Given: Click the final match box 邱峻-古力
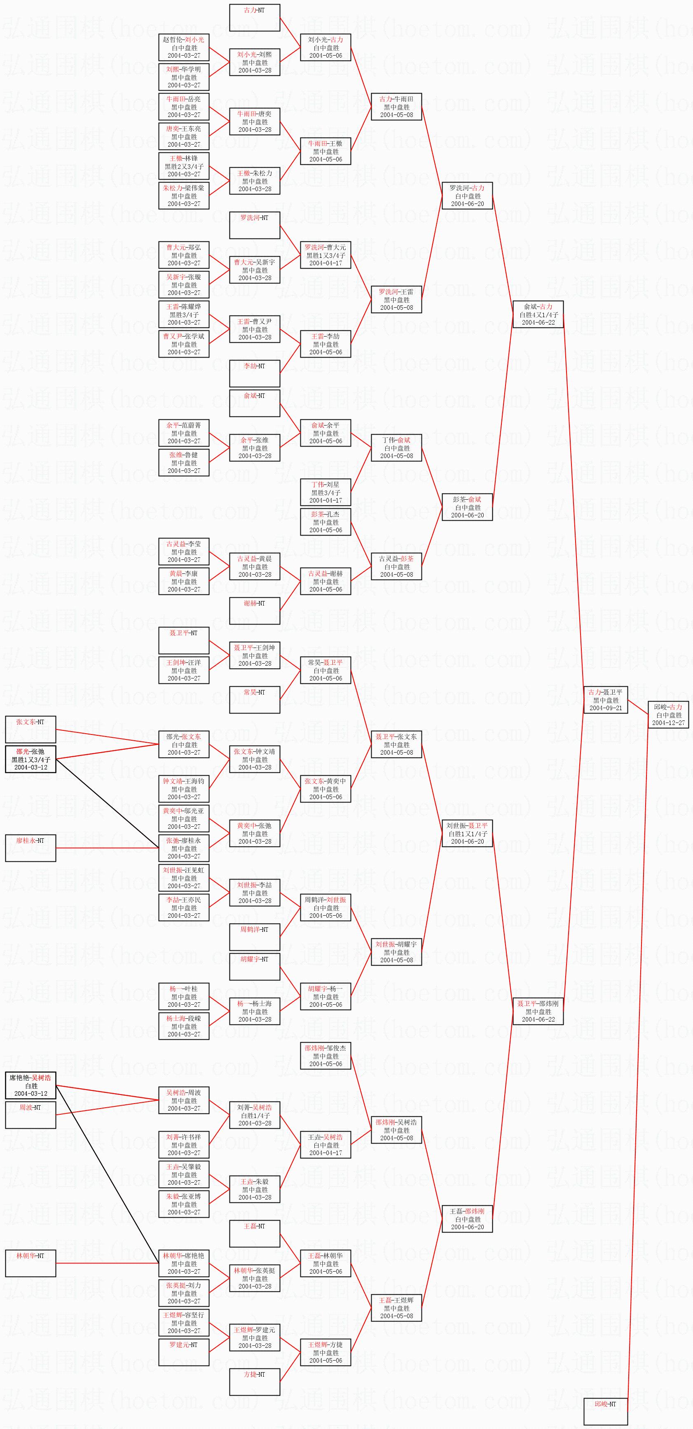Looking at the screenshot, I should tap(668, 714).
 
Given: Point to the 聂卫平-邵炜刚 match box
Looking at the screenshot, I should tap(538, 1011).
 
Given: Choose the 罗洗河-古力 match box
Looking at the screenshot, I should tap(467, 195).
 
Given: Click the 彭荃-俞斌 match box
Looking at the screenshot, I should tap(467, 507).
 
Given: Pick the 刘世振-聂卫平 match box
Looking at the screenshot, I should tap(467, 833).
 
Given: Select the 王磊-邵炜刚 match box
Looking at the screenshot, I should tap(467, 1219).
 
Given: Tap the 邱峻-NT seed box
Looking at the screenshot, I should tap(605, 1412).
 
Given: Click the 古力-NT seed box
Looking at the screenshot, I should tap(255, 18).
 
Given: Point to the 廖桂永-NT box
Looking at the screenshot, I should tap(30, 848).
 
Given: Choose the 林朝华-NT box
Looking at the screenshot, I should tap(30, 1263).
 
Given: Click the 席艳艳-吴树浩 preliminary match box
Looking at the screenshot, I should tap(30, 1085).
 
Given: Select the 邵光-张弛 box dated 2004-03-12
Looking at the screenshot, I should tap(30, 759).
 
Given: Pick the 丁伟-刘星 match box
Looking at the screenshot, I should tap(325, 492).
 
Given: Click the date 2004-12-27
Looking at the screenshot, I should tap(668, 723).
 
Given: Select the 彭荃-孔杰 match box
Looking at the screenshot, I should tap(325, 522).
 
